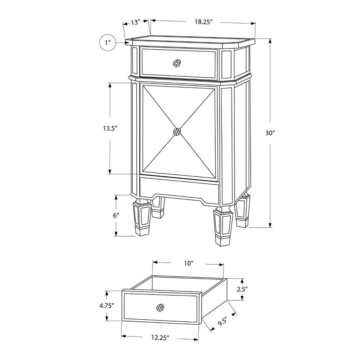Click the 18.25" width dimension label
(203, 22)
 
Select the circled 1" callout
(108, 43)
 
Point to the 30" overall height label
(270, 133)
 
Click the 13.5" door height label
(110, 128)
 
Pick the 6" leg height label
(116, 216)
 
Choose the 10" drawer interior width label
(188, 264)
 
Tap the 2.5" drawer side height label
(242, 289)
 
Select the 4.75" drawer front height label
(107, 306)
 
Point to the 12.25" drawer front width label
(160, 338)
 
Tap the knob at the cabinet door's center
(177, 132)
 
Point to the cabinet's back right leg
(242, 210)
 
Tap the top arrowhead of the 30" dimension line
(270, 41)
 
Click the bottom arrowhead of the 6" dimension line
(116, 233)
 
